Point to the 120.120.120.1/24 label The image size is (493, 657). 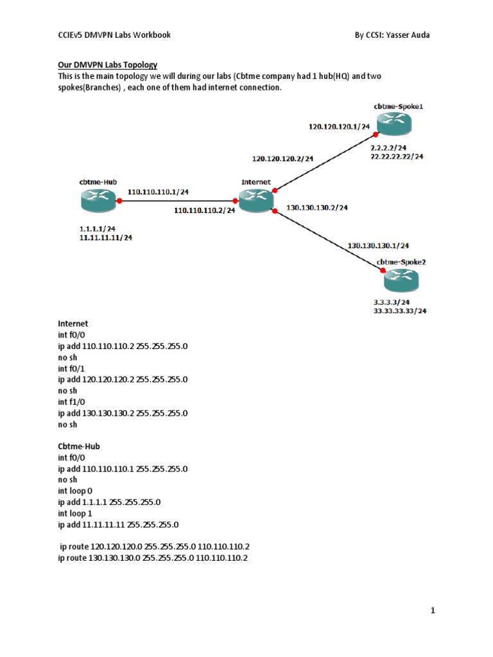point(339,127)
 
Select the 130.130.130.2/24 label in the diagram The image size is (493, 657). point(316,207)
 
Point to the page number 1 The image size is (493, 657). point(433,611)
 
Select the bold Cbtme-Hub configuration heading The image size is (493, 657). point(79,446)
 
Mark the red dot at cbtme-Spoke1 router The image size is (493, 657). point(376,133)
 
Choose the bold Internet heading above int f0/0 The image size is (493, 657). point(73,323)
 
